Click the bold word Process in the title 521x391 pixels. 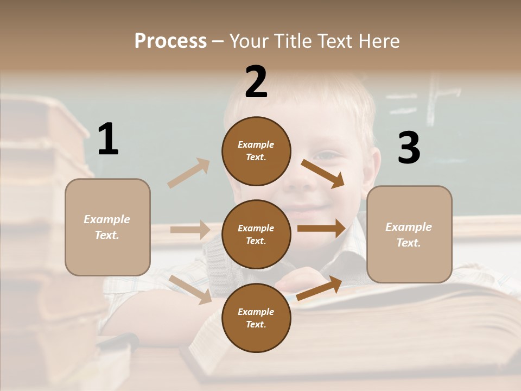coord(170,41)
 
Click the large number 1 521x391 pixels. coord(108,140)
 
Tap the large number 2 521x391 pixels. coord(256,82)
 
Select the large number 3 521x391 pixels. coord(409,148)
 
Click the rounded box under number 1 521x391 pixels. coord(107,227)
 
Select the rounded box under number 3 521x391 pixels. coord(409,235)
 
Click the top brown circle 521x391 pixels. coord(256,151)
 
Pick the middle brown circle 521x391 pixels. coord(256,234)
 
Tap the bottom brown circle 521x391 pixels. coord(256,318)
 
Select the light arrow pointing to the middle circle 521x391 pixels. coord(190,230)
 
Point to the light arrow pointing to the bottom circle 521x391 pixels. coord(190,289)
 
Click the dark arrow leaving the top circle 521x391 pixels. coord(323,173)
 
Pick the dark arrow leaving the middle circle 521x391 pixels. coord(321,229)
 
